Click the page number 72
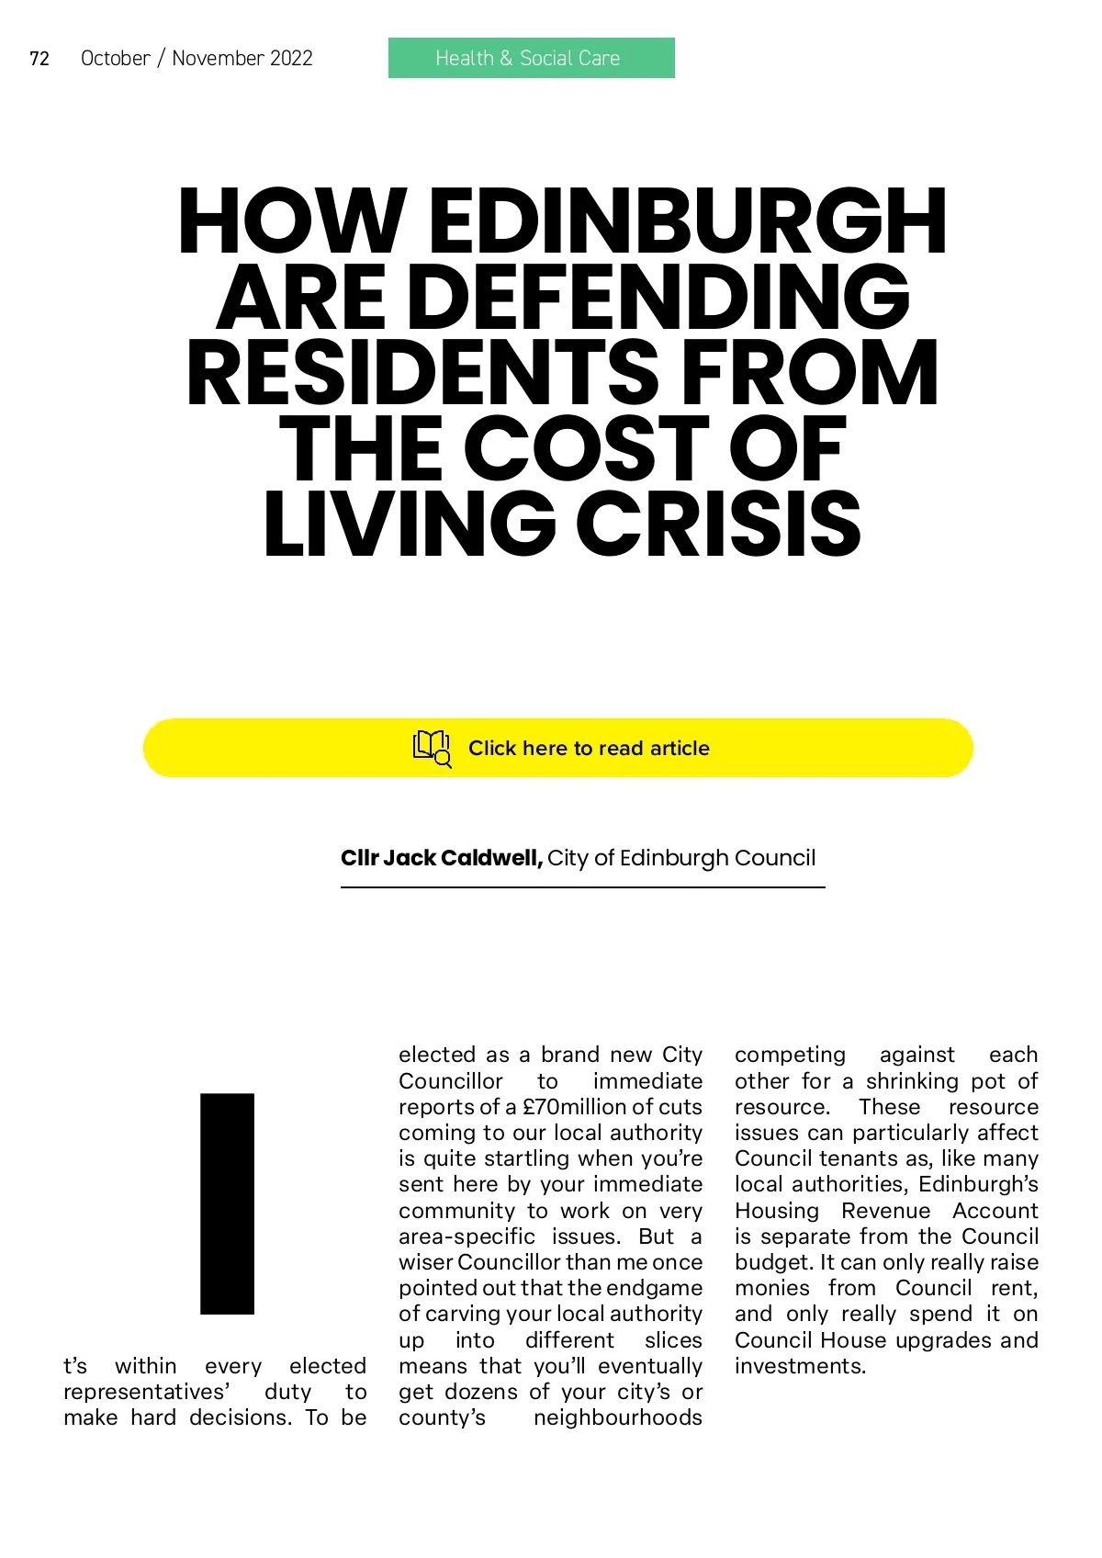coord(39,59)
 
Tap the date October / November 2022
coord(197,59)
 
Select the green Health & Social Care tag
coord(531,58)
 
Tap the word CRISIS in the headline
coord(719,525)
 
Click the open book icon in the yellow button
coord(432,748)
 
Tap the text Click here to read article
coord(589,749)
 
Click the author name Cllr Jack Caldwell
coord(442,858)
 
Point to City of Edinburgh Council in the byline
coord(681,858)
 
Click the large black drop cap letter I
coord(227,1203)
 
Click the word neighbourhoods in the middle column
coord(617,1417)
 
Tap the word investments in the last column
coord(799,1366)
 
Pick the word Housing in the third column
coord(776,1211)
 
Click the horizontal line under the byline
coord(582,887)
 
